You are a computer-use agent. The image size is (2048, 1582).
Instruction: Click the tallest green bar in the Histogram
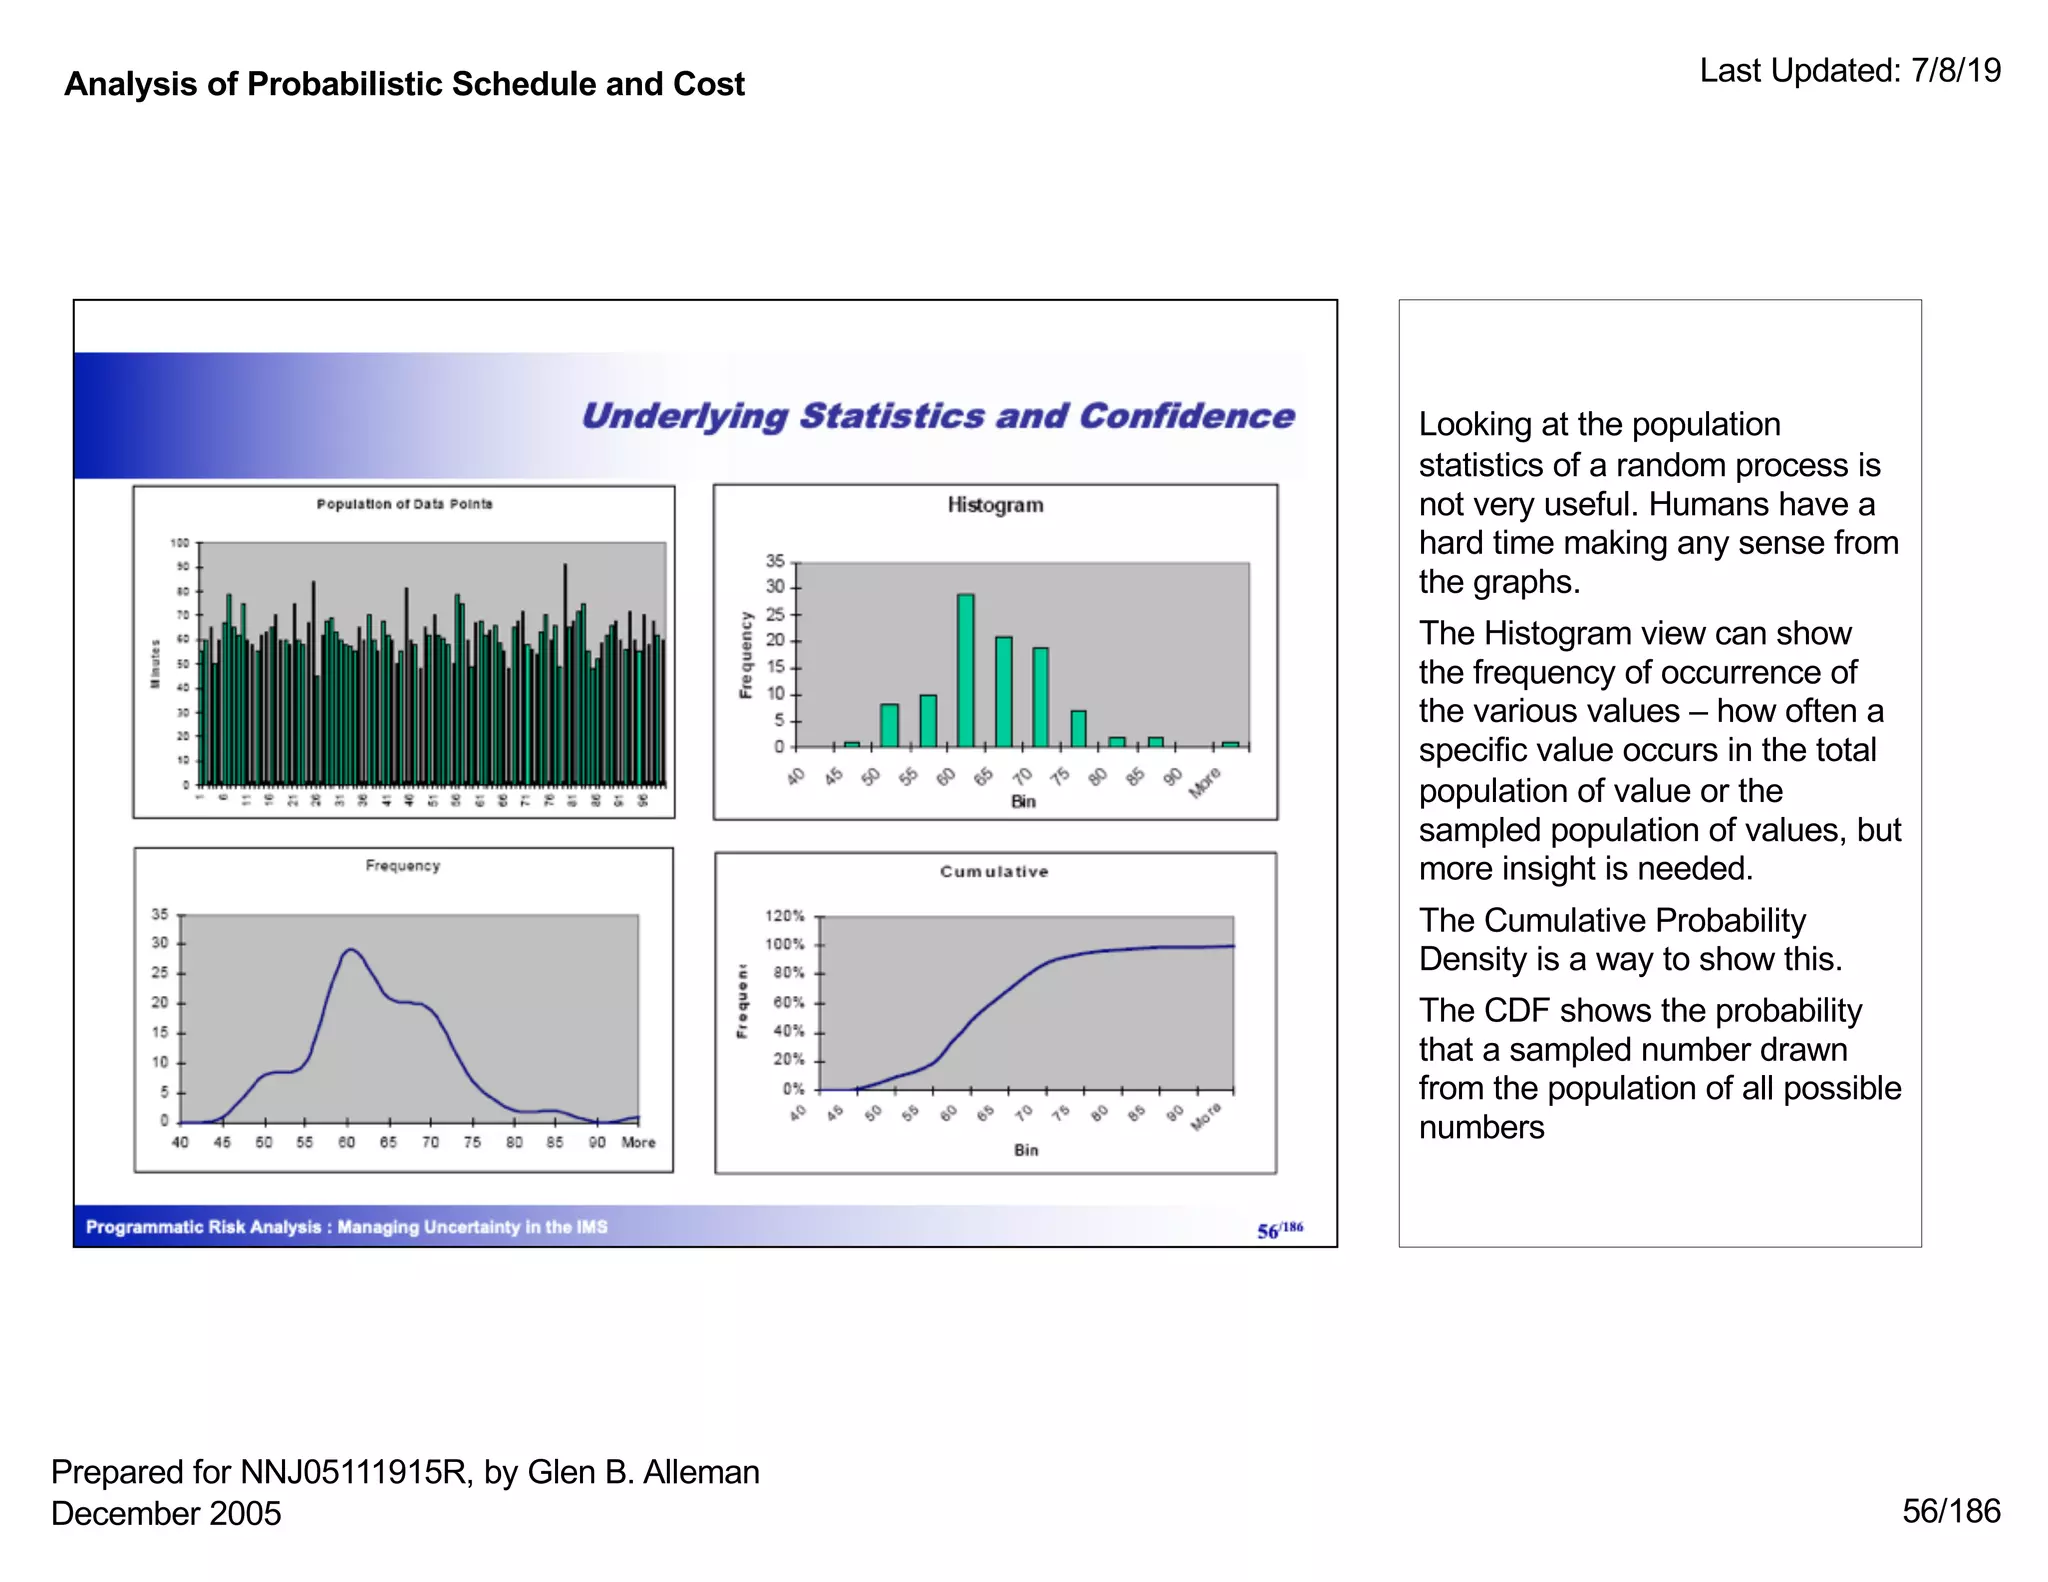965,670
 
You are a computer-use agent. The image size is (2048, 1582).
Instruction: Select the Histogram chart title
995,505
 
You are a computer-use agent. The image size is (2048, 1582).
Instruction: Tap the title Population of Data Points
404,504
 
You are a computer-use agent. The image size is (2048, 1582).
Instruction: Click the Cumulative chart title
994,872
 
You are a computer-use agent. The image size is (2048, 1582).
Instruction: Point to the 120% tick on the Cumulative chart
785,916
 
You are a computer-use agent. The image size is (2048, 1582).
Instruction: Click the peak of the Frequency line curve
350,950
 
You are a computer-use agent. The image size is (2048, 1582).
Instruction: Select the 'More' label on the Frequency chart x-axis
638,1142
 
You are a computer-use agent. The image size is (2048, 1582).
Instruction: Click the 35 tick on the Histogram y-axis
775,561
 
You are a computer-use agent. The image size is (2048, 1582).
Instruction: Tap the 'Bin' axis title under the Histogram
1023,801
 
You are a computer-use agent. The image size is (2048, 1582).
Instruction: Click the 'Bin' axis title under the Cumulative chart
1026,1150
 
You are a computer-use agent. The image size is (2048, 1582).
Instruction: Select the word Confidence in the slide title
1186,416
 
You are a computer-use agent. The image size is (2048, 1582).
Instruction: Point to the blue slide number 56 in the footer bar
1268,1231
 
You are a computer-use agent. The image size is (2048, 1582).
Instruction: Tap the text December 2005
166,1513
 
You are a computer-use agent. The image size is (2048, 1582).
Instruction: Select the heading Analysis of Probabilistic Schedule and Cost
404,84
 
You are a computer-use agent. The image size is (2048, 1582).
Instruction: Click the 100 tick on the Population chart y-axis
179,543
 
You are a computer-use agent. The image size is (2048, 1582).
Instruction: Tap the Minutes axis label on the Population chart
155,663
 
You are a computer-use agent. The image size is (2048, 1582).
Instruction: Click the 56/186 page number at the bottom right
1950,1511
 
